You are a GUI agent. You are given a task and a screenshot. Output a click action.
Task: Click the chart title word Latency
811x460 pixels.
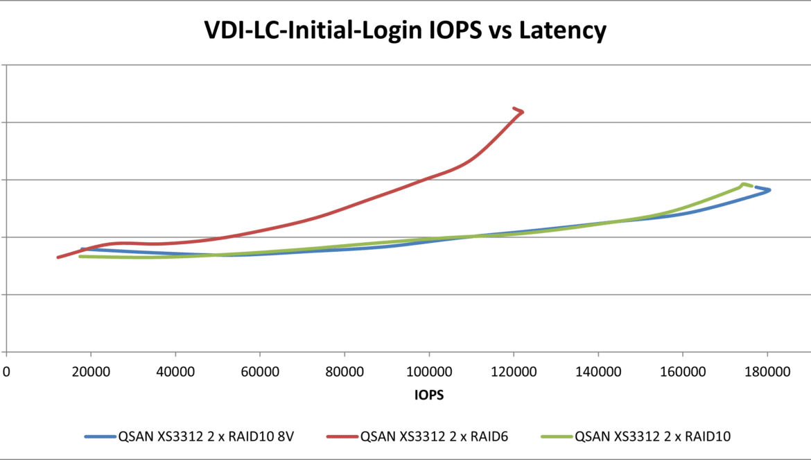coord(559,31)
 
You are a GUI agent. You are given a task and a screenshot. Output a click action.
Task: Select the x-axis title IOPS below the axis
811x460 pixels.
coord(429,395)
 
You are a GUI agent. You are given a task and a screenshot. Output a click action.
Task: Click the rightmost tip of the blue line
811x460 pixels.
coord(769,190)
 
